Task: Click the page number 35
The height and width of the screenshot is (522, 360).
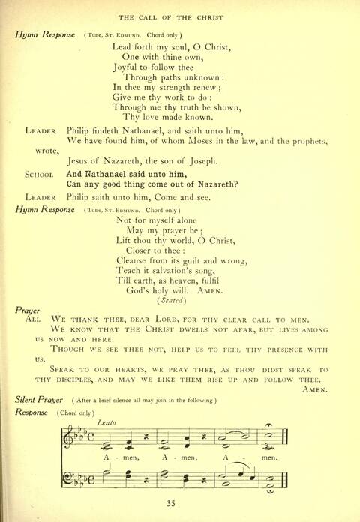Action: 181,503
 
